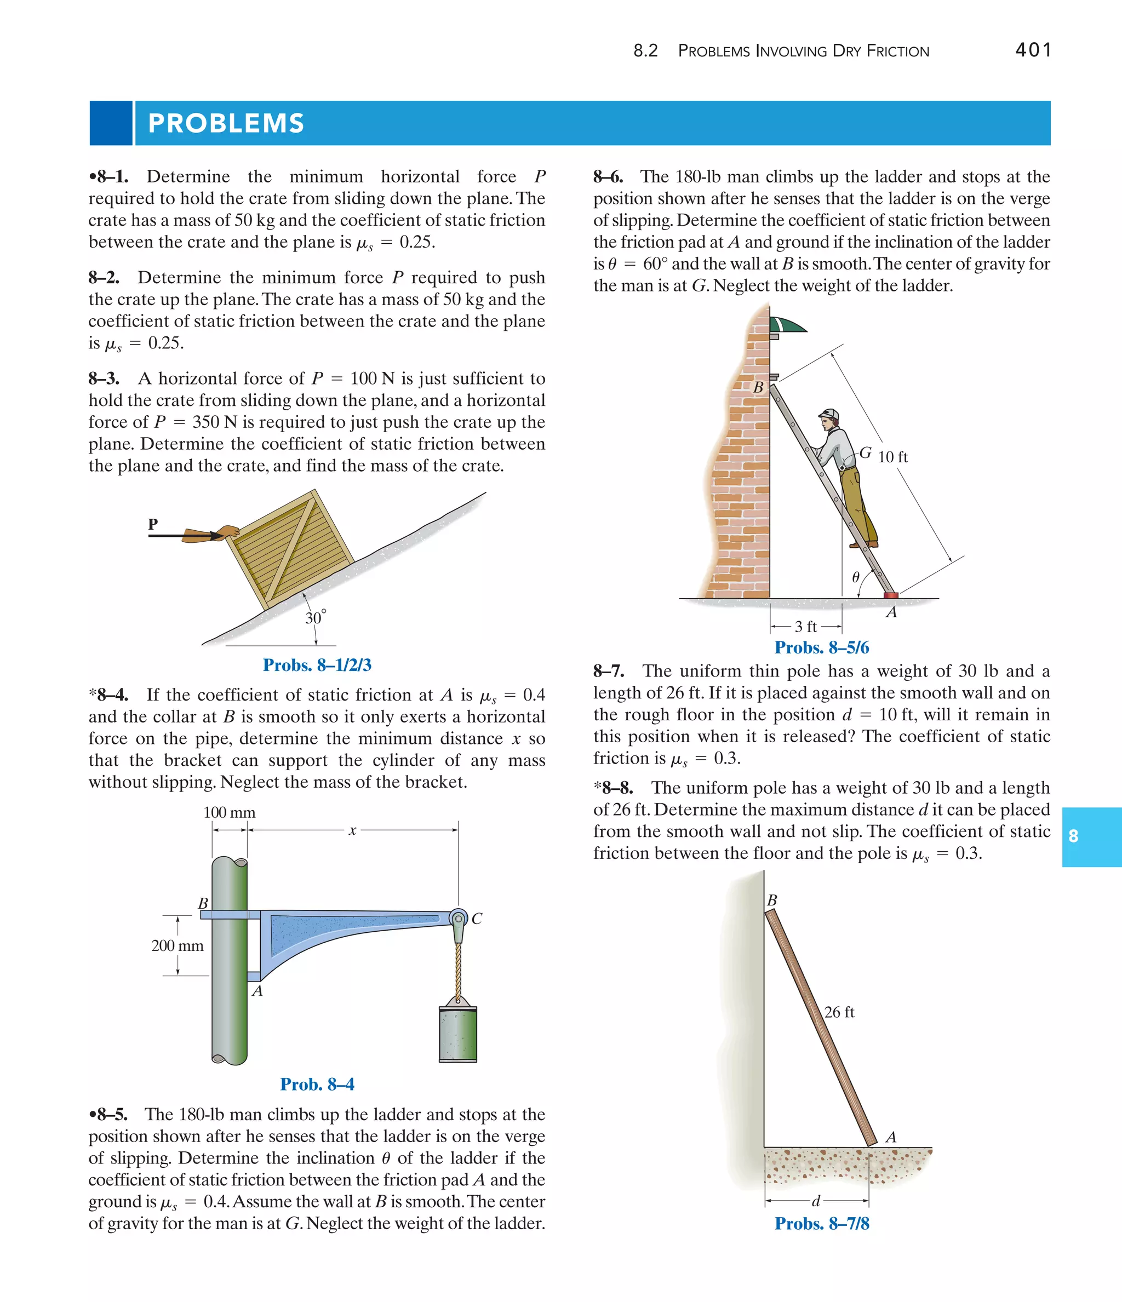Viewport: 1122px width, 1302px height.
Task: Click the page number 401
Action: coord(1033,50)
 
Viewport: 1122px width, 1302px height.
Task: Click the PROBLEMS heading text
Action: coord(226,123)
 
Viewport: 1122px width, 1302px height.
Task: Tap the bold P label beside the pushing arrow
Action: coord(153,524)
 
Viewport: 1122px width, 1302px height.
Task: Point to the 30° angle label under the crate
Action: coord(316,618)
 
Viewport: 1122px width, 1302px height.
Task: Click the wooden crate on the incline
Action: coord(289,547)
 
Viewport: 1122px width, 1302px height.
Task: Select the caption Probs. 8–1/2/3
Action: coord(317,665)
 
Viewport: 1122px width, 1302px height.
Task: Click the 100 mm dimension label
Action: coord(230,812)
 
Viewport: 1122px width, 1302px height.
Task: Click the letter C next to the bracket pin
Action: coord(477,919)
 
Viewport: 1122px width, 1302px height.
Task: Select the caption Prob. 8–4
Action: coord(317,1084)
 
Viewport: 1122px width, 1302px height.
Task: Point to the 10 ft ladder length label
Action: coord(892,457)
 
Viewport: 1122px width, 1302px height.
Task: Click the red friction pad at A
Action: coord(891,594)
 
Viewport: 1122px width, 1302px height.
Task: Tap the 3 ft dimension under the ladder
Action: coord(805,627)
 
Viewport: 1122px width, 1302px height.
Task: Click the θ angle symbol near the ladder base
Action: coord(856,577)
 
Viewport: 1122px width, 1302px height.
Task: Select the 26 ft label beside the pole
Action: coord(839,1012)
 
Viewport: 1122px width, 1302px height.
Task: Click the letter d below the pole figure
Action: coord(816,1201)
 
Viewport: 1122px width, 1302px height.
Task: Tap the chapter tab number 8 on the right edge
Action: coord(1073,836)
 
